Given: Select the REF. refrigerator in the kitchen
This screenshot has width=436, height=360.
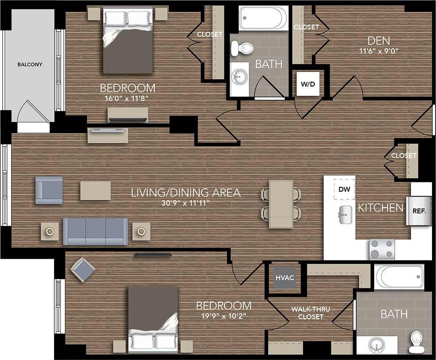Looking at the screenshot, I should (x=419, y=211).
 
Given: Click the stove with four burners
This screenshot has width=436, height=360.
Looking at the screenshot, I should (x=382, y=249).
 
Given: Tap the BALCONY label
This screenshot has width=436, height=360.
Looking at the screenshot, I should (x=30, y=65).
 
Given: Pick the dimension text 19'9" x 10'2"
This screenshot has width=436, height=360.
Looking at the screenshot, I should (x=224, y=316).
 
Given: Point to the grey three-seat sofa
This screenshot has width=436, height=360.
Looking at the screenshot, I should (x=95, y=231).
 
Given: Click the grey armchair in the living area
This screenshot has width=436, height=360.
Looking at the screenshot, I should (x=49, y=190).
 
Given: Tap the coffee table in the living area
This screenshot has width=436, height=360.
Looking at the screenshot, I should (x=95, y=190).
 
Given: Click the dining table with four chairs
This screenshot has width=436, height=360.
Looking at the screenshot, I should (x=281, y=204).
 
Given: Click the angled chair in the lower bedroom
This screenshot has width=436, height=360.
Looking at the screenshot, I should (x=83, y=269).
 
